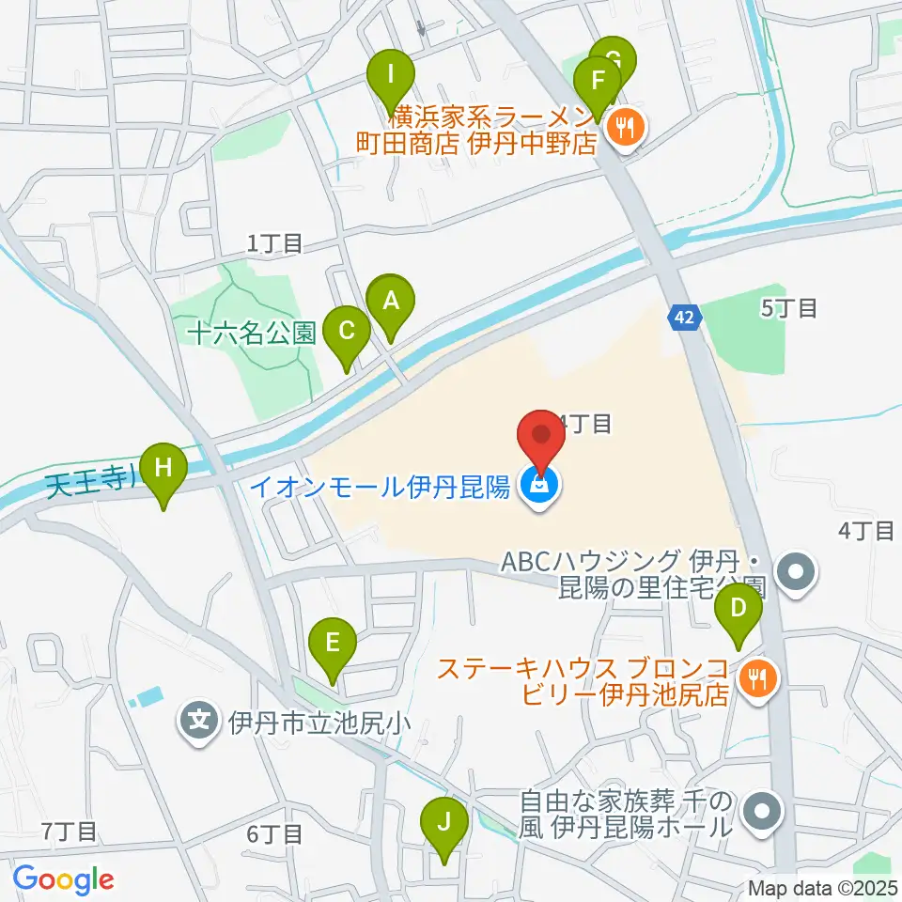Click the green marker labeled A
390,303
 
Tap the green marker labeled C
346,332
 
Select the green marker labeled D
739,609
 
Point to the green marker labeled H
163,468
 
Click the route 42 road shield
685,319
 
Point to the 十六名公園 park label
251,332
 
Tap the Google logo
63,879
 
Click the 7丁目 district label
69,832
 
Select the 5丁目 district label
790,307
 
